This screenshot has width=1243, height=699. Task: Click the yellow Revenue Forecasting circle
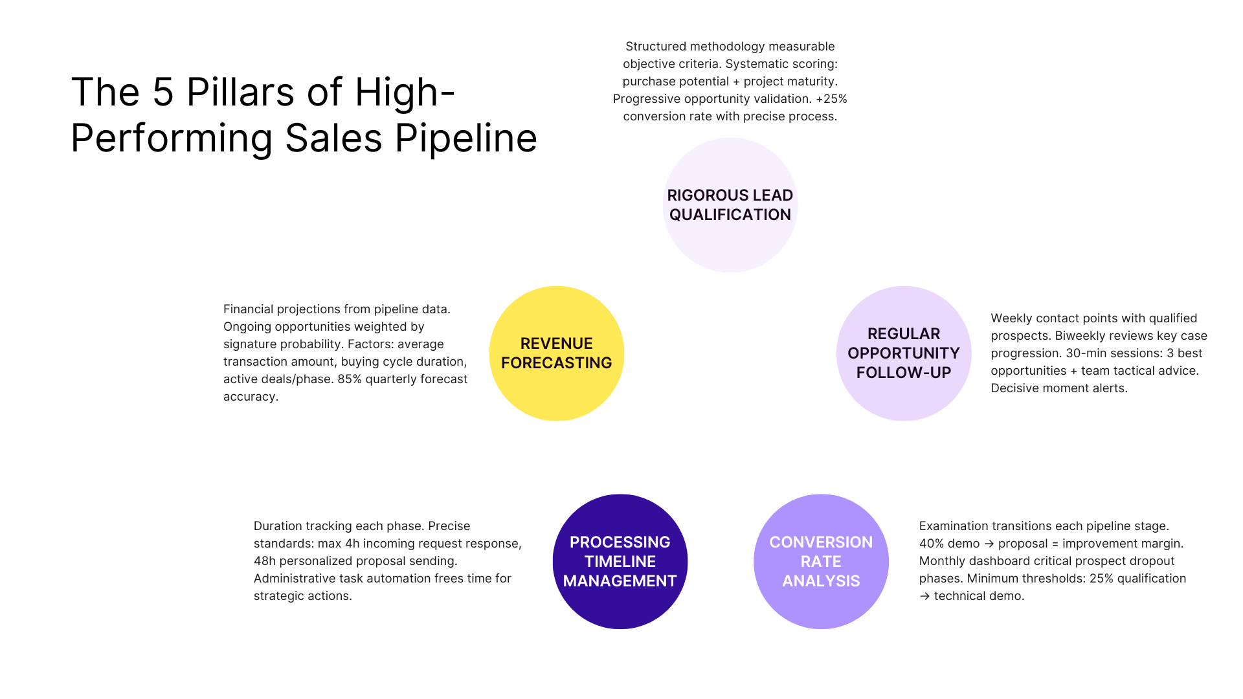[556, 353]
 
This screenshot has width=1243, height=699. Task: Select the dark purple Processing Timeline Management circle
[620, 561]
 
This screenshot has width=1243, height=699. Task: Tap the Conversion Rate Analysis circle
[821, 561]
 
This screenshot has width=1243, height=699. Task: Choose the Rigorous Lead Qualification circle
[730, 205]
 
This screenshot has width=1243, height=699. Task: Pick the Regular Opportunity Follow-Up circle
[903, 353]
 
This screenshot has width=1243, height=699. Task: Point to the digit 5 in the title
[163, 92]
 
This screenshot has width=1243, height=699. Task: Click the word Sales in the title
[333, 138]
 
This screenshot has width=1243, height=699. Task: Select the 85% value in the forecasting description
[350, 379]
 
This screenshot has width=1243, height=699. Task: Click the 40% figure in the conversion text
[930, 544]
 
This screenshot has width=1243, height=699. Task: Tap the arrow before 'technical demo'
[924, 596]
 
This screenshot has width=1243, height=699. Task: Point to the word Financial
[249, 309]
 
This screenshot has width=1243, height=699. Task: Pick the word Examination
[954, 526]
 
